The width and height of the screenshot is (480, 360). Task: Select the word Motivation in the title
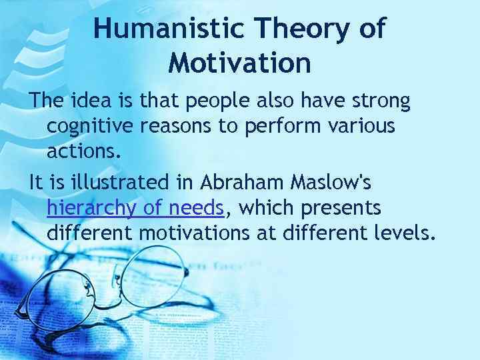(x=239, y=63)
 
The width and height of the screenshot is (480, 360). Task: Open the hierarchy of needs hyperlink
(x=135, y=208)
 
